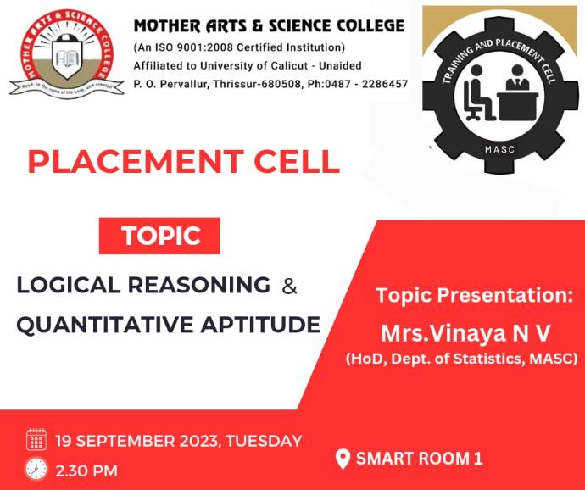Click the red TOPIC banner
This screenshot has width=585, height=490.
click(159, 236)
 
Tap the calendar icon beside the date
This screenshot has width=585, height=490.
click(36, 439)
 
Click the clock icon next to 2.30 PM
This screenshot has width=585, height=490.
click(36, 469)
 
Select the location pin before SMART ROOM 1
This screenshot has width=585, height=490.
click(343, 459)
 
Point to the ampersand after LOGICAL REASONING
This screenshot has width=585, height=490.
click(289, 287)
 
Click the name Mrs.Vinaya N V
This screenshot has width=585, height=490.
click(465, 333)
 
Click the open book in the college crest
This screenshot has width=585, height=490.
click(67, 58)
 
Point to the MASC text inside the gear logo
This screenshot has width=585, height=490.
click(499, 150)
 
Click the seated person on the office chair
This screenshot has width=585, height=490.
click(478, 92)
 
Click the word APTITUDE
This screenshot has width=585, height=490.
click(260, 325)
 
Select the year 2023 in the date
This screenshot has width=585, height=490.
click(198, 441)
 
